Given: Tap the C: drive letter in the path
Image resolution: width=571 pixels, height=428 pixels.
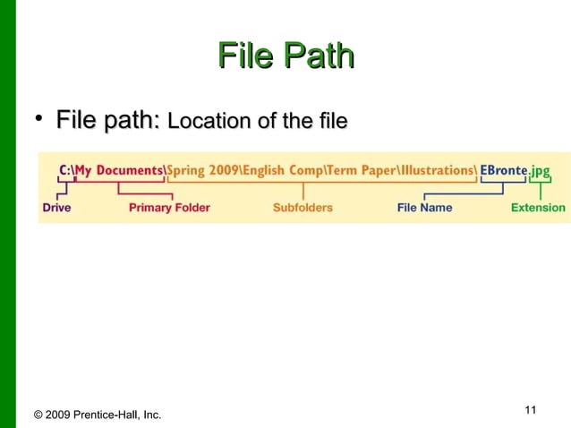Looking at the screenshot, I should pyautogui.click(x=64, y=169).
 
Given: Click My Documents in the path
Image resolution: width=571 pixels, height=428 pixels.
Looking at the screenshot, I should pyautogui.click(x=118, y=169).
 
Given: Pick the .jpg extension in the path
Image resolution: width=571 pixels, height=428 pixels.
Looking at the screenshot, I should pyautogui.click(x=539, y=169).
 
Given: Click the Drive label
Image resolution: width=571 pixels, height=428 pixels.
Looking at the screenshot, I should pyautogui.click(x=55, y=208).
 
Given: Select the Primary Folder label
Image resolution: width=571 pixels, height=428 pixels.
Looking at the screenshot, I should pyautogui.click(x=169, y=208).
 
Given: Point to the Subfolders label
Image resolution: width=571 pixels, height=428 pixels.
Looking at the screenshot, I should pyautogui.click(x=303, y=208).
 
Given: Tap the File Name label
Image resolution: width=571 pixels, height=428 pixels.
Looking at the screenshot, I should pyautogui.click(x=424, y=208).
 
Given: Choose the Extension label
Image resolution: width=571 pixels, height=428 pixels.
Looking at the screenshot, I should pyautogui.click(x=538, y=208).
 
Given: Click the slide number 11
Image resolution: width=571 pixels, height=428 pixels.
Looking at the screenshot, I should pyautogui.click(x=530, y=410).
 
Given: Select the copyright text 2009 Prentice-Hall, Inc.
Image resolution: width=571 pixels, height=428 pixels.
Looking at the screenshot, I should pyautogui.click(x=97, y=415).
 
